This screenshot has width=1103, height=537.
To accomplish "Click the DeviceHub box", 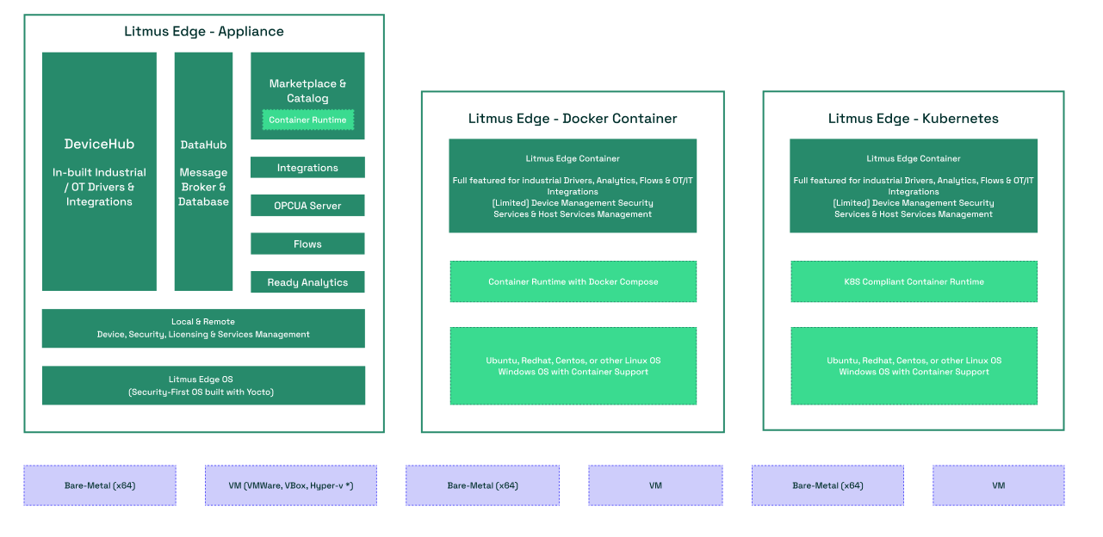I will click(99, 172).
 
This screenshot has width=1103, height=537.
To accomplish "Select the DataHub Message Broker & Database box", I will click(203, 172).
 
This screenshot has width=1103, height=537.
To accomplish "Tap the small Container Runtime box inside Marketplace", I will click(307, 120).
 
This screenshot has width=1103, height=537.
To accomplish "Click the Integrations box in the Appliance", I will click(307, 168).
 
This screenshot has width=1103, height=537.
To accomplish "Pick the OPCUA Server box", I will click(307, 206).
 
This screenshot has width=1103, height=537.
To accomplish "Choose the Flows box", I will click(307, 244).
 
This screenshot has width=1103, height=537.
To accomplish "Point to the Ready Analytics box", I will click(307, 282).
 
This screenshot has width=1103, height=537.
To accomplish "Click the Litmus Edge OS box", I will click(203, 386).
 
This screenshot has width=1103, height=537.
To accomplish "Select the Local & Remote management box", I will click(203, 328).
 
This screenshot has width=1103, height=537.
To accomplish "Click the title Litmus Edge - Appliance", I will click(204, 32).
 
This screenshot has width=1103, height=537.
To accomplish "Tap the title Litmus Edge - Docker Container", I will click(573, 119).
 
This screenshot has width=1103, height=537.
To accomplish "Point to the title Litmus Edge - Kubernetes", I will click(914, 119).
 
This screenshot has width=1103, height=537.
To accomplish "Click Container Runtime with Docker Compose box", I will click(573, 281).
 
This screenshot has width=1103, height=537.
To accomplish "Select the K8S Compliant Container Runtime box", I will click(914, 281).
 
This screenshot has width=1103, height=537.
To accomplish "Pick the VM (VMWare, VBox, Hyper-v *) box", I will click(291, 485).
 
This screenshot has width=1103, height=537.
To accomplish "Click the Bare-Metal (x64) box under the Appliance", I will click(100, 485).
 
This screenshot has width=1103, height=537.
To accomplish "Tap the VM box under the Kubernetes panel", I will click(998, 485).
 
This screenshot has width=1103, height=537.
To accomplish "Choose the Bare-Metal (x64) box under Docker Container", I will click(482, 485).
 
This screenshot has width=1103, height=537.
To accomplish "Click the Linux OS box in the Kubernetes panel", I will click(914, 366).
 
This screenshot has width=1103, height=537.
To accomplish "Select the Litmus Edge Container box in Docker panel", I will click(573, 186).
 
